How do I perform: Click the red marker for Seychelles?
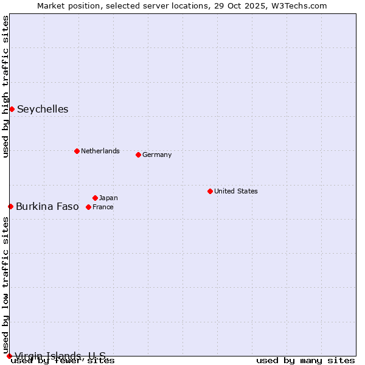tap(12, 109)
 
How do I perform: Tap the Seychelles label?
tap(43, 109)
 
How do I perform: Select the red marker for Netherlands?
tap(77, 151)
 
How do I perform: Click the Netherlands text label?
tap(100, 151)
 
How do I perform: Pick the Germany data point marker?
tap(138, 155)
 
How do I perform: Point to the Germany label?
tap(157, 155)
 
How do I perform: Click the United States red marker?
tap(210, 191)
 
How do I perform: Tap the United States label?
tap(236, 191)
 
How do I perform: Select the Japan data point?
tap(95, 198)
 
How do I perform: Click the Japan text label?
tap(108, 198)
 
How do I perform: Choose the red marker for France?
tap(88, 207)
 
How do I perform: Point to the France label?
tap(103, 207)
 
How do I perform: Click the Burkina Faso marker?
tap(10, 206)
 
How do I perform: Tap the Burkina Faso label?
tap(47, 207)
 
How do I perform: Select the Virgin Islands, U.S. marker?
tap(9, 356)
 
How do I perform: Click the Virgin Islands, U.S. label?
tap(60, 356)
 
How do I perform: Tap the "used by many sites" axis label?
tap(305, 361)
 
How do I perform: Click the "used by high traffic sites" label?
tap(5, 86)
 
